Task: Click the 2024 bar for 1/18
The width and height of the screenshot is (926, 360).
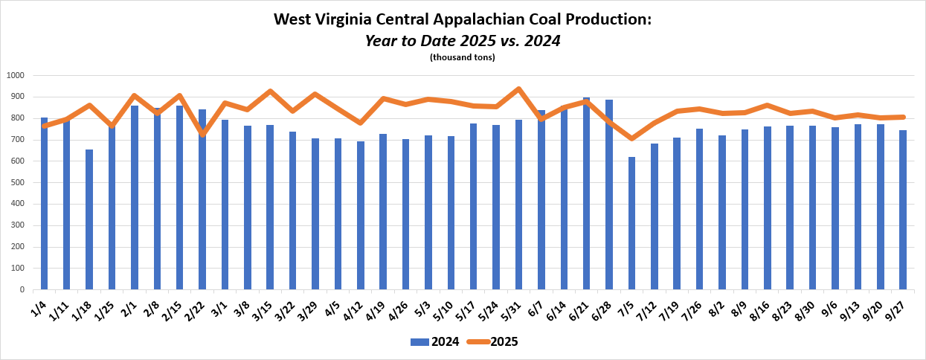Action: pyautogui.click(x=89, y=219)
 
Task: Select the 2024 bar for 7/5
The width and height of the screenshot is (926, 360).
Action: pyautogui.click(x=631, y=223)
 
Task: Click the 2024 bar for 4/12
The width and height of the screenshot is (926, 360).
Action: pyautogui.click(x=360, y=215)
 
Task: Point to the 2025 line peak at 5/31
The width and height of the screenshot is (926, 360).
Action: pyautogui.click(x=518, y=89)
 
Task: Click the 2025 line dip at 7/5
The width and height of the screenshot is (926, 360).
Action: pyautogui.click(x=631, y=138)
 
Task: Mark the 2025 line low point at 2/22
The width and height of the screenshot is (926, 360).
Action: pyautogui.click(x=202, y=134)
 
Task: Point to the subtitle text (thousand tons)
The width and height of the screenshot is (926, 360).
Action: pyautogui.click(x=462, y=57)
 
